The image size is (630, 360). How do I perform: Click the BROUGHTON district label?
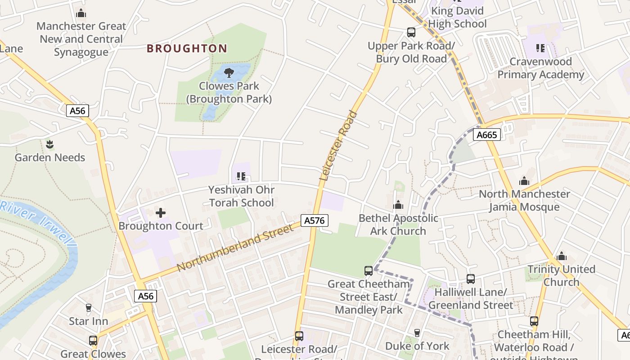187,48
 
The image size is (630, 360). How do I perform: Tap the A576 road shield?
315,220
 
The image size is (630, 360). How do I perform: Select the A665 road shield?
487,135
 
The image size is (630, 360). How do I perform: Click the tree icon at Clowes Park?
229,72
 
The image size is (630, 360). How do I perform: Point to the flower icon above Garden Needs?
49,144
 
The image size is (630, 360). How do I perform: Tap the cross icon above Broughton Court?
161,213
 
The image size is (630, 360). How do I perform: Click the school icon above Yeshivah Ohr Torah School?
241,176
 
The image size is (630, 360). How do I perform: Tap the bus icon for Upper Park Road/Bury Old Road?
411,32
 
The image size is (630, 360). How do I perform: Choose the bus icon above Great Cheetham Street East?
369,271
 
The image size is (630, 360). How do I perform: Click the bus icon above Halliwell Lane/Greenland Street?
471,279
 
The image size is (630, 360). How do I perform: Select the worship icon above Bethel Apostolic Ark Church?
398,205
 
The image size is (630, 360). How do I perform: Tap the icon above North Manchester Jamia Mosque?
524,181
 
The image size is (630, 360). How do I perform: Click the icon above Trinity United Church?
562,256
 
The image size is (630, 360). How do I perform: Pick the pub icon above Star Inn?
89,308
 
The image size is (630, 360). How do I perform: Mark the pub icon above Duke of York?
417,333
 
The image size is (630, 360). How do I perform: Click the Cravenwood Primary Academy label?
540,68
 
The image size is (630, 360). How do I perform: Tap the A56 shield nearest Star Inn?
146,296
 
